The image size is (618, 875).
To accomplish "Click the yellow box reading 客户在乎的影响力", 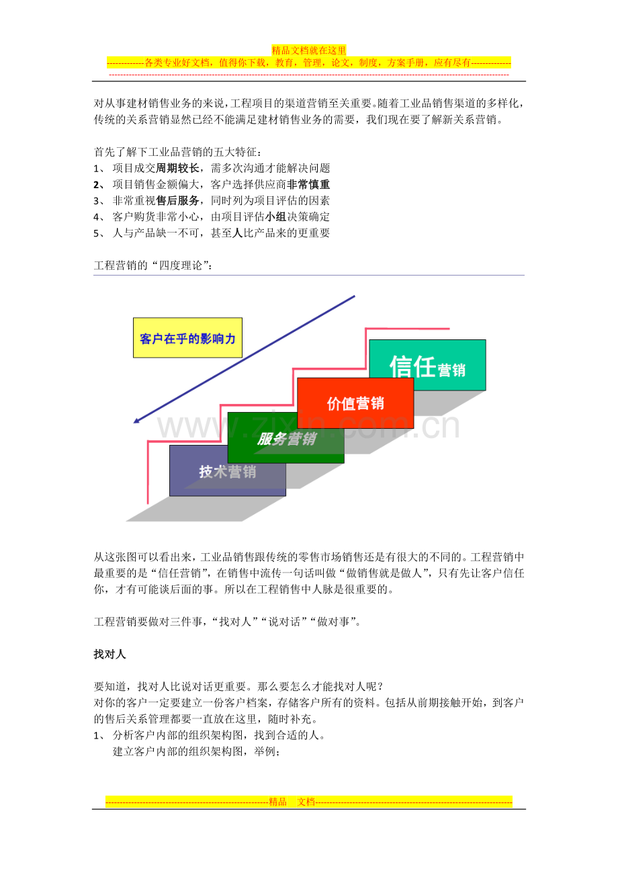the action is tap(187, 337).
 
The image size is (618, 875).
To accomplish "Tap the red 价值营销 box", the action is tap(355, 403).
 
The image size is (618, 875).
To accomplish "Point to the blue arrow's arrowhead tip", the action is tap(134, 423).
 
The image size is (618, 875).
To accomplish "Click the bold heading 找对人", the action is tap(109, 654).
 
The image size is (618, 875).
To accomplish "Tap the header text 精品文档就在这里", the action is tap(309, 50).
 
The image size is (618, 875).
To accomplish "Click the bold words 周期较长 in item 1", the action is tap(177, 168).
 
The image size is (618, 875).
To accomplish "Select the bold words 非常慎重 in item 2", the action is tap(308, 184).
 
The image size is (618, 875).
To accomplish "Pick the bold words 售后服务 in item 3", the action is tap(177, 200).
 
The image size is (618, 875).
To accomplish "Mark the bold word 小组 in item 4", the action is tap(275, 216).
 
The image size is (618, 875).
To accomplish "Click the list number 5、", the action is tap(99, 233).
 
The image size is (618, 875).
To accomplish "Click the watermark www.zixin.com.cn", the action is tap(308, 425).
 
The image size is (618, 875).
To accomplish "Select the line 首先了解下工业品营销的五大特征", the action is tap(177, 152).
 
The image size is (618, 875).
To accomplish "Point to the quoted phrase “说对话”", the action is tap(285, 622).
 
